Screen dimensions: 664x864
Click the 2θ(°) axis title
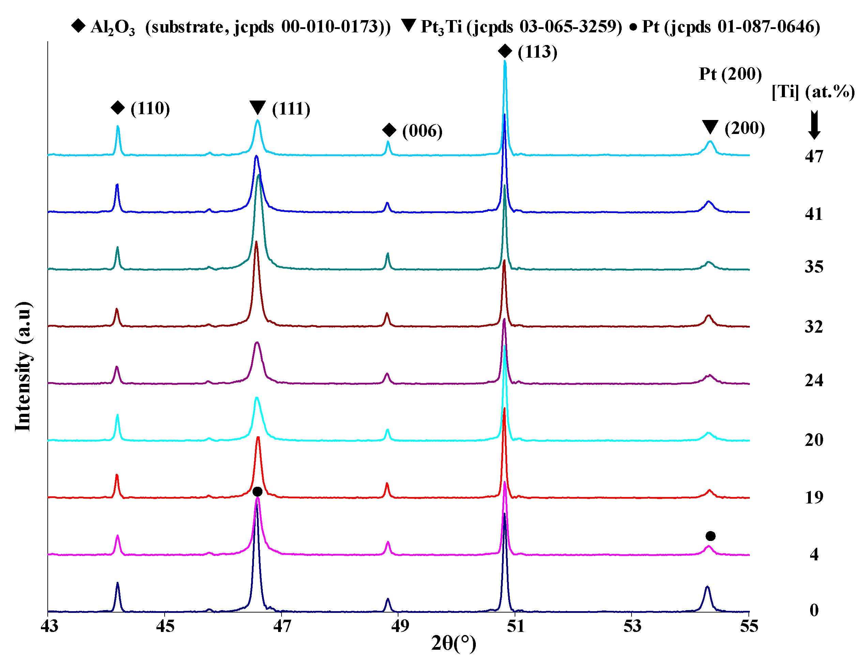[453, 644]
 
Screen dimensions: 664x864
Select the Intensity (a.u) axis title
[23, 366]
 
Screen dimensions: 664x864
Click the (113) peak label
[537, 52]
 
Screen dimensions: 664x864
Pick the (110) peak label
[150, 108]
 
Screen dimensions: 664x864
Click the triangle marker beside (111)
[258, 107]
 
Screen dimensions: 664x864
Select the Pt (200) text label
[730, 74]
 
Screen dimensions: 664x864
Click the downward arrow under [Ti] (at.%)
[814, 125]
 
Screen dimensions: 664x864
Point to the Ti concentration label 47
[814, 156]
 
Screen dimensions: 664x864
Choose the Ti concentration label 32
[814, 327]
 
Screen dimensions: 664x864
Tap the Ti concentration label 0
[814, 610]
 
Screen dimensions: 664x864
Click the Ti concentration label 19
[814, 497]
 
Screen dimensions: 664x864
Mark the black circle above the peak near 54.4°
[710, 536]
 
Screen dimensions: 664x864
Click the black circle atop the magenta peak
[257, 492]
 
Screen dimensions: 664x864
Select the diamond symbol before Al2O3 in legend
[78, 26]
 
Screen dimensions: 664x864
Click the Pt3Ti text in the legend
[441, 27]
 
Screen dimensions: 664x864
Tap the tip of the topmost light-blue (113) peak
[505, 61]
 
